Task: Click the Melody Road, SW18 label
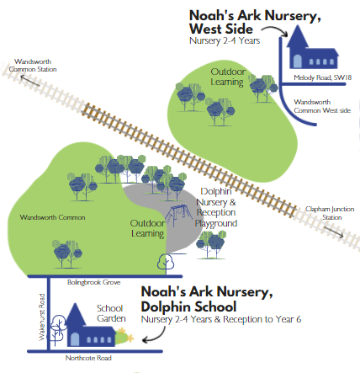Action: pos(322,77)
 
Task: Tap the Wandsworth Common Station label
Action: pos(33,66)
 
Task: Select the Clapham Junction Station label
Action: pos(330,213)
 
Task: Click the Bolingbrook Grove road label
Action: pos(93,282)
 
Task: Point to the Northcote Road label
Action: pos(88,358)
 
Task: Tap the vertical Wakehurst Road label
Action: pos(41,317)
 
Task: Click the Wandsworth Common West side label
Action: pos(322,106)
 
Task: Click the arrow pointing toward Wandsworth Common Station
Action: pos(29,80)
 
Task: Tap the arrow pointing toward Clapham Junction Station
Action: pos(333,232)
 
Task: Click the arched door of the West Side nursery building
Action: pos(297,61)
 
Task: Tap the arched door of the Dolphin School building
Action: pos(75,339)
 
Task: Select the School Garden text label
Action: pos(111,313)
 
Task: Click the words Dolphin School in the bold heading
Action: pos(188,306)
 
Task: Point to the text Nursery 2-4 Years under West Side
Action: pos(225,41)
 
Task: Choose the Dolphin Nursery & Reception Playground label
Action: pos(216,207)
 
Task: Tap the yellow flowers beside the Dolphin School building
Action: pos(125,335)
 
